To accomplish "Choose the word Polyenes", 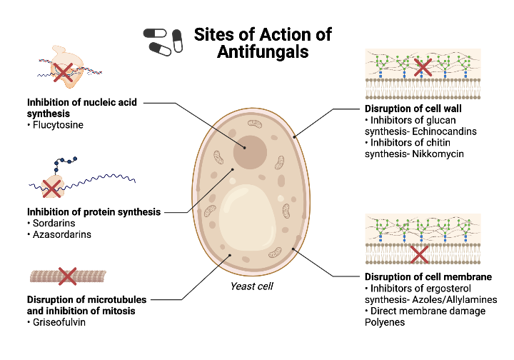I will point(385,322).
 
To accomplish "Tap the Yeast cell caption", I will point(253,286).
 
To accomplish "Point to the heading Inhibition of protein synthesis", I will point(94,211).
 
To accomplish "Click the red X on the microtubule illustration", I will point(67,275).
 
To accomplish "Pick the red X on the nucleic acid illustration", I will point(64,69).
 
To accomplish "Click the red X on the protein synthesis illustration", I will point(51,188).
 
